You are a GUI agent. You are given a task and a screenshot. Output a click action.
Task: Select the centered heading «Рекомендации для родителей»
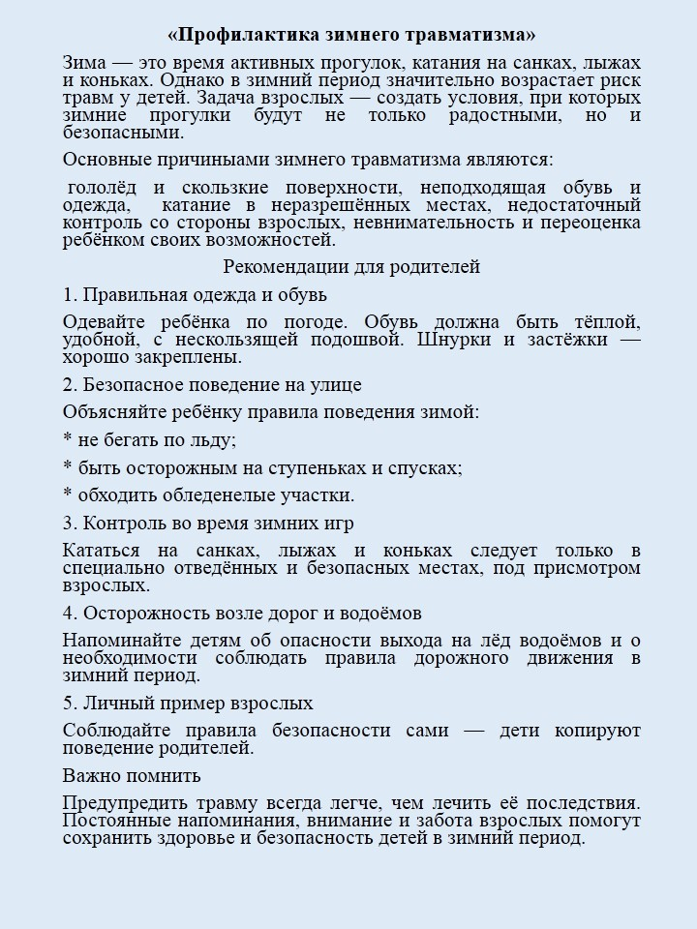pyautogui.click(x=351, y=266)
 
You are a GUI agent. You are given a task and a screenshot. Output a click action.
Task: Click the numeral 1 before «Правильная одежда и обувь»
pyautogui.click(x=68, y=294)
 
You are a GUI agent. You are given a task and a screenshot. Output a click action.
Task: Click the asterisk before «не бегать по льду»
pyautogui.click(x=68, y=440)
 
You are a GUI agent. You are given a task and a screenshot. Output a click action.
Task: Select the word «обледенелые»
pyautogui.click(x=200, y=494)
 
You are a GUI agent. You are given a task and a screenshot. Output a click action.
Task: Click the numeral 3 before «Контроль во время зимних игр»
pyautogui.click(x=68, y=524)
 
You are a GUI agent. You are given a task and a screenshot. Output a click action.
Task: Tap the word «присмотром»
pyautogui.click(x=588, y=568)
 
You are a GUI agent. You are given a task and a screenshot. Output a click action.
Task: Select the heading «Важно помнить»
pyautogui.click(x=132, y=775)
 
